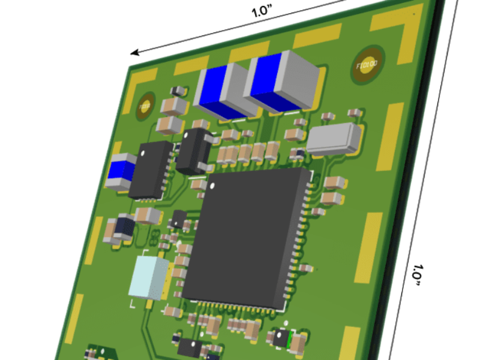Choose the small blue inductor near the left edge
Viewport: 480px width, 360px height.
point(122,171)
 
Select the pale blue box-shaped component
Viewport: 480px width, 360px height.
point(149,277)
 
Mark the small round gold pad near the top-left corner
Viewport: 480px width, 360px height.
point(145,107)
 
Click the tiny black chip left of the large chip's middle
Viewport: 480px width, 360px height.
point(178,219)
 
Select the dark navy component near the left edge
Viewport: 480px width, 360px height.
point(124,227)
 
